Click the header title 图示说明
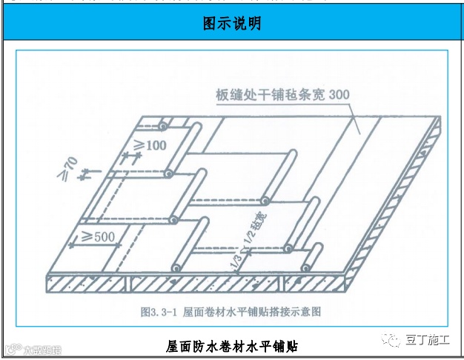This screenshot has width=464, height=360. pyautogui.click(x=232, y=24)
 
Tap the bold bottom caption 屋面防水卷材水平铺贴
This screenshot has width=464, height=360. pyautogui.click(x=233, y=345)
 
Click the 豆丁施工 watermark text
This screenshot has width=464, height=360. pyautogui.click(x=428, y=339)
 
